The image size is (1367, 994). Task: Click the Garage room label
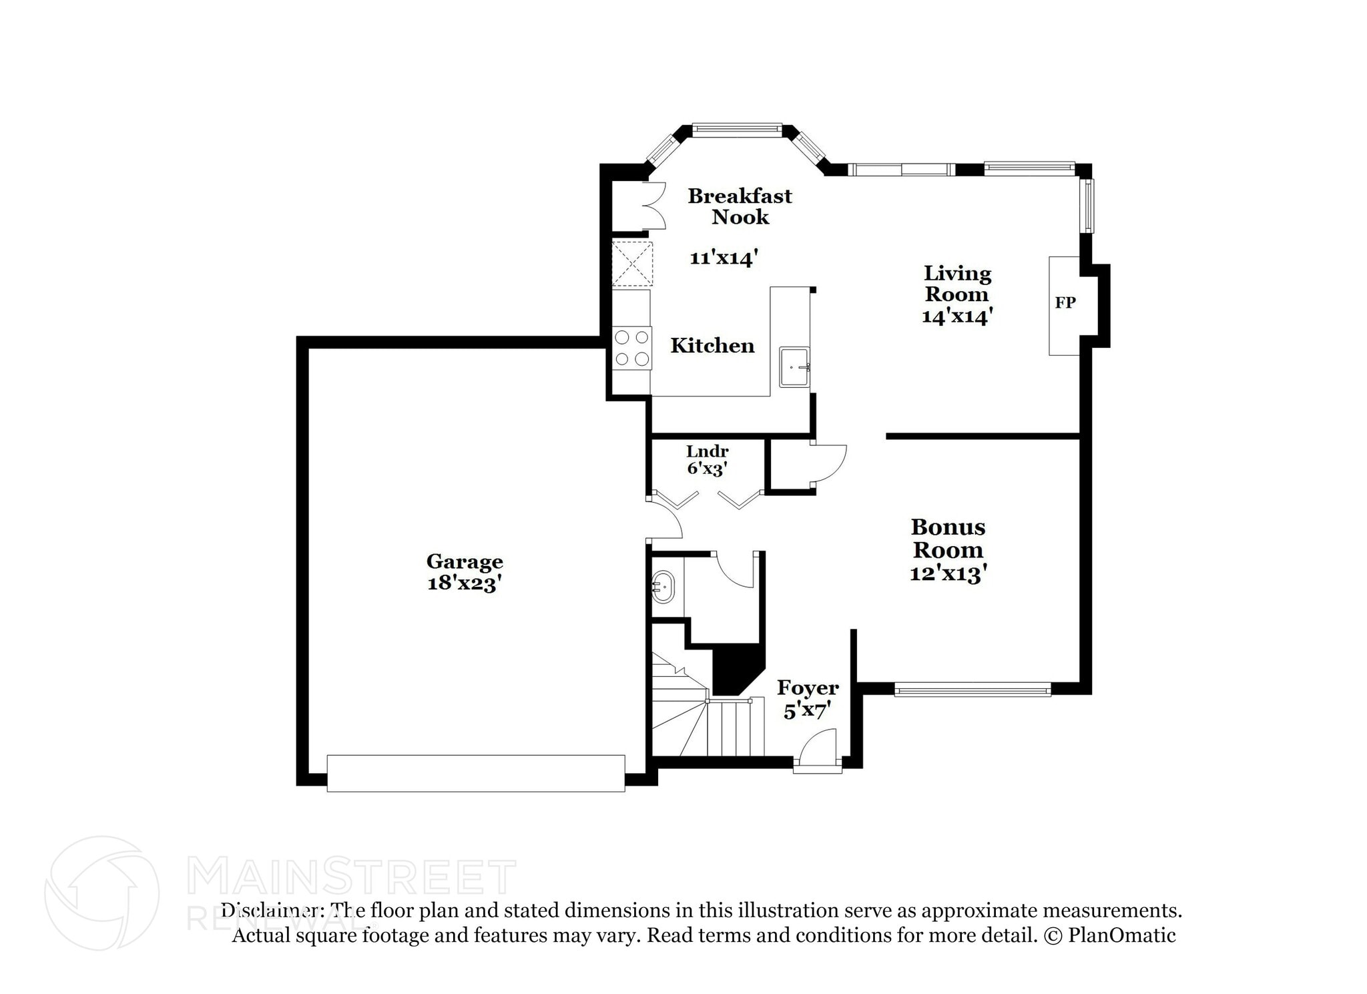tap(465, 561)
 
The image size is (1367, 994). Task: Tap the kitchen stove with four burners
tap(632, 348)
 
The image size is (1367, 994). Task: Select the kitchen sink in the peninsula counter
tap(794, 367)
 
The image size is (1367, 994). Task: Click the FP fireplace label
tap(1065, 303)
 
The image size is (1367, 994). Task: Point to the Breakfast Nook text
tap(740, 206)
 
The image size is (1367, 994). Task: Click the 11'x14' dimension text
tap(724, 258)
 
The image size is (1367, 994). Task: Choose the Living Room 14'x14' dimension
tap(956, 316)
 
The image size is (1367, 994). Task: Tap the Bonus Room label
tap(948, 538)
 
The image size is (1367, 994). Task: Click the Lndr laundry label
tap(707, 451)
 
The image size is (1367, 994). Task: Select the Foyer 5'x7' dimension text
tap(807, 712)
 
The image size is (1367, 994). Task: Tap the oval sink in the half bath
tap(663, 587)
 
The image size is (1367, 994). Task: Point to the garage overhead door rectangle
tap(475, 773)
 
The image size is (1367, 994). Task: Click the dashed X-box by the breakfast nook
tap(632, 264)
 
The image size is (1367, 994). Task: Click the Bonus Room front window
tap(973, 689)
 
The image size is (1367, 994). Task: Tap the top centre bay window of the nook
tap(736, 130)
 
